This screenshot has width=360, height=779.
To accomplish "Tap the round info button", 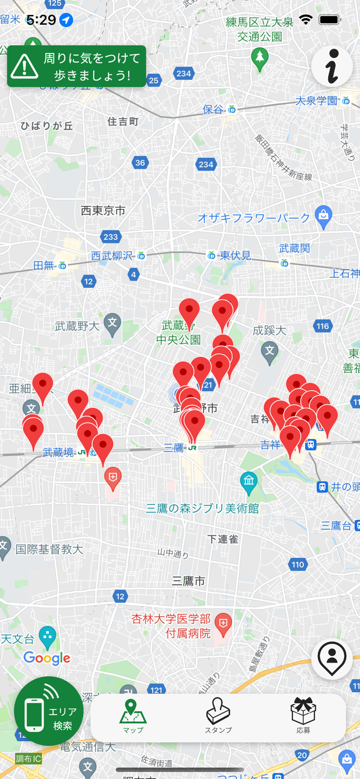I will coord(332,67).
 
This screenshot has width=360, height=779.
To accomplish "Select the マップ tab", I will coord(133,716).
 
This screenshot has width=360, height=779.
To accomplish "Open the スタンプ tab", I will coord(218,716).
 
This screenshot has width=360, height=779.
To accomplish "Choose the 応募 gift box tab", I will coord(303,716).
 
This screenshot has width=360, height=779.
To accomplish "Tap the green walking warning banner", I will coord(76,66).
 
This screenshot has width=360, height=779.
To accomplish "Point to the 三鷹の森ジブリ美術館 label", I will coord(202,508).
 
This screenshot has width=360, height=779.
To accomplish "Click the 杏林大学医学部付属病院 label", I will coord(171,626).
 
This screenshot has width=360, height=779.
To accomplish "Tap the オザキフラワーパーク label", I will coord(254,218).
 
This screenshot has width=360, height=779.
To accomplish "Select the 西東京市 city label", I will coord(103,210).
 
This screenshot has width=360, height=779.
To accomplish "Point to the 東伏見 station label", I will coord(235,255).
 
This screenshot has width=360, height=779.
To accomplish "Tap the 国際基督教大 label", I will coord(49,549).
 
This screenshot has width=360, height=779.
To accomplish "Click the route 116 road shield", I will coord(323,326).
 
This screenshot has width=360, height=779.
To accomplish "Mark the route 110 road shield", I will coord(298,565).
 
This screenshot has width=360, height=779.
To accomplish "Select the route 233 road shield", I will coord(110,237).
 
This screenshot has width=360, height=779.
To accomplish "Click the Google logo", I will coord(47,659).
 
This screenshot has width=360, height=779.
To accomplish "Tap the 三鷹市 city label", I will coord(189,581).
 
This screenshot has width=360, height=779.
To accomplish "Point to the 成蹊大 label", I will coord(270,330).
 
